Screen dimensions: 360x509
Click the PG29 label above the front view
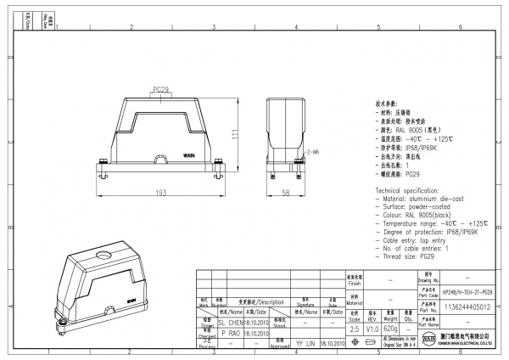pos(161,88)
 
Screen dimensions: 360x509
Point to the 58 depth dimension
pos(285,194)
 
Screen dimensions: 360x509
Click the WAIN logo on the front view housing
pos(189,157)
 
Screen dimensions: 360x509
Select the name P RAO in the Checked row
pos(232,335)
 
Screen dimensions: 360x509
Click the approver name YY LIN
pos(305,345)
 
